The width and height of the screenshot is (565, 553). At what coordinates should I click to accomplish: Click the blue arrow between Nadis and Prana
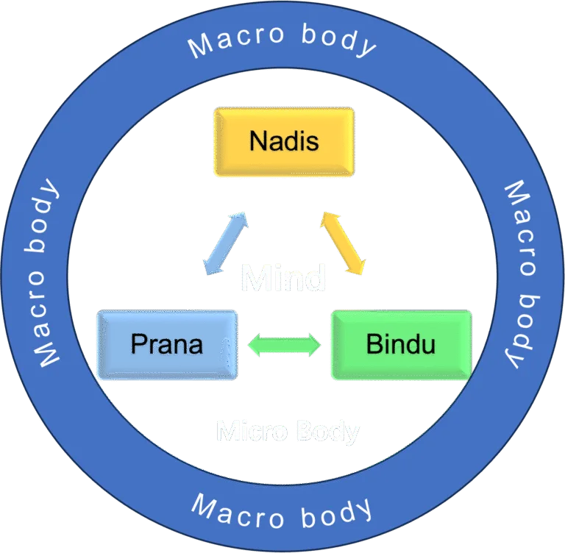click(225, 244)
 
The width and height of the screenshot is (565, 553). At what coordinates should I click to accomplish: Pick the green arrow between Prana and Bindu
click(285, 344)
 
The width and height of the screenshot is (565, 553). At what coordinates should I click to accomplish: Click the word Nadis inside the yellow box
click(284, 140)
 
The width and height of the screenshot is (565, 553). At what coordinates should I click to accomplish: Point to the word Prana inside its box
click(167, 343)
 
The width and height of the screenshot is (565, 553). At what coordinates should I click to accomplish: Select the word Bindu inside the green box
click(401, 343)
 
